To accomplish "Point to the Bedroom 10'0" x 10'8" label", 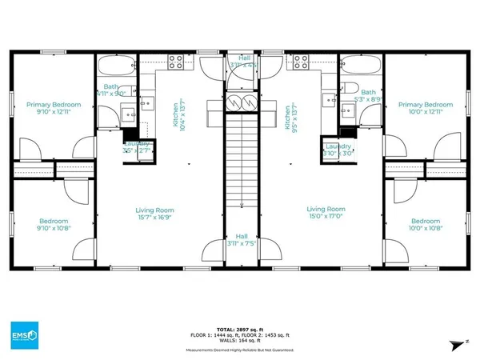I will coord(425,225).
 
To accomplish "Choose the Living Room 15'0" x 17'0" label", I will coord(326,214).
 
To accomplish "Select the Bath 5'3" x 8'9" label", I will coord(368,96).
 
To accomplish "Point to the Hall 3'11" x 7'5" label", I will coord(241,240).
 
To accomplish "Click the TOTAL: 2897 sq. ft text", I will coord(240,328).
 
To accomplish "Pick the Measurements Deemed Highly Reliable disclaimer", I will coord(240,350).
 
